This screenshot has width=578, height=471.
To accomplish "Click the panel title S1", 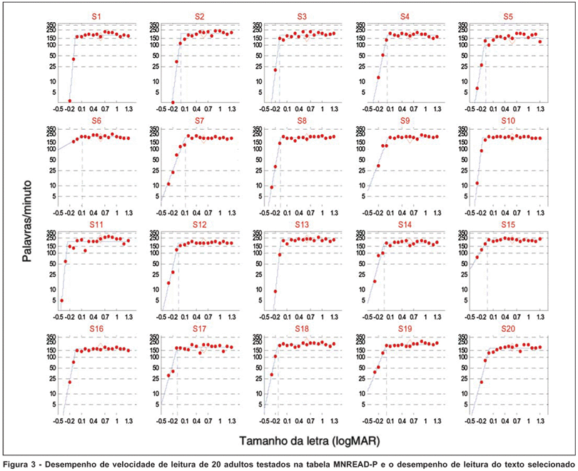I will tap(95, 15).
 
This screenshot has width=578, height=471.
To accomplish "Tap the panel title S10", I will tap(508, 119).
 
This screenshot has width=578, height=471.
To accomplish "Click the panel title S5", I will tap(508, 15).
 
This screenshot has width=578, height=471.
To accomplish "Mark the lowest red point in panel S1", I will tap(70, 101).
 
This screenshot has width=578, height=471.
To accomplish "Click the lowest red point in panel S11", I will tap(61, 300).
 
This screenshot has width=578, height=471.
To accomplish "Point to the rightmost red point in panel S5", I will tap(540, 42).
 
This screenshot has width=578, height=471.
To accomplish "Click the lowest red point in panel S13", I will tap(275, 291).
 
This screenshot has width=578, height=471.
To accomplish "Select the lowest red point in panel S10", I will tap(477, 183).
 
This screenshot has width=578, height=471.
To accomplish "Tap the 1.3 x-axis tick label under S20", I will tap(541, 422).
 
